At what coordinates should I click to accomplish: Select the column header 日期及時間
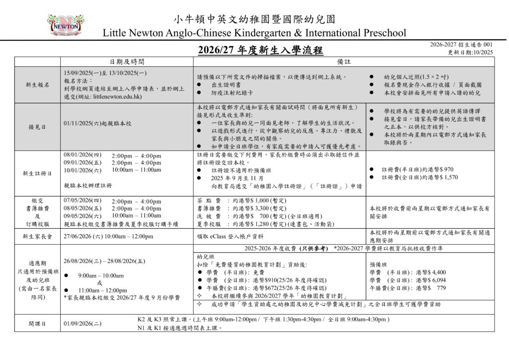point(127,61)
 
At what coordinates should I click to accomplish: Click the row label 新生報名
point(37,85)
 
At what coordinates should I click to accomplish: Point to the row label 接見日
point(37,126)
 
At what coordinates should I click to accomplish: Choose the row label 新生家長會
point(37,236)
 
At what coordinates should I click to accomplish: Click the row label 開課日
point(37,323)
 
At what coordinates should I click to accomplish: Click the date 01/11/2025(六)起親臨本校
point(97,123)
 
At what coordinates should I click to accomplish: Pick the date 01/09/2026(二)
point(83,324)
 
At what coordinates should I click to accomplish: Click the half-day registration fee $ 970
point(444,169)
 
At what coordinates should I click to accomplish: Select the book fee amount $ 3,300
point(254,208)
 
